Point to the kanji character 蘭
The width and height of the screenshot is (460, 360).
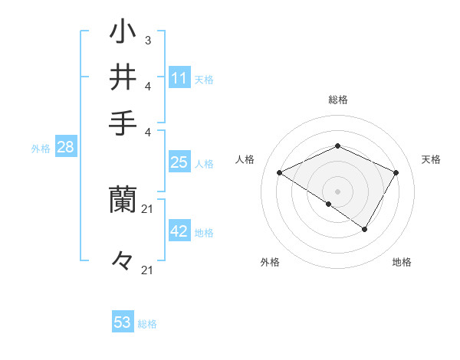click(x=123, y=199)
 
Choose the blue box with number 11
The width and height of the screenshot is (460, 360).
click(x=179, y=78)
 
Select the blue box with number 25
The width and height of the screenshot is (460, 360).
click(x=179, y=162)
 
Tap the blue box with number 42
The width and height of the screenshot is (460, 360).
click(x=179, y=231)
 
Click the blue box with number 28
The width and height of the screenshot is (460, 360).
click(x=65, y=149)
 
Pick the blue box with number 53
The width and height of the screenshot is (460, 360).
click(x=123, y=322)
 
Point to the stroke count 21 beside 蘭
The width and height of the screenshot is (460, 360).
click(x=148, y=208)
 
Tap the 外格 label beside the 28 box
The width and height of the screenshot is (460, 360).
click(x=41, y=149)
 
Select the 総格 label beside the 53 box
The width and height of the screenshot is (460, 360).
click(x=147, y=324)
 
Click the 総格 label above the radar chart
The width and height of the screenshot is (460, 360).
click(x=338, y=100)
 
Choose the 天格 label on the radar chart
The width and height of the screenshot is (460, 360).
click(x=432, y=159)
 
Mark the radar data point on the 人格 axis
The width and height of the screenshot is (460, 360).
click(x=280, y=173)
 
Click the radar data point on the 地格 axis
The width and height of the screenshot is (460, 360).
click(x=365, y=229)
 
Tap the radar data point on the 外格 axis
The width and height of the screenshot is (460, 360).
click(x=329, y=204)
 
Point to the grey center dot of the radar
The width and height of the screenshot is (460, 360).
click(x=338, y=191)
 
